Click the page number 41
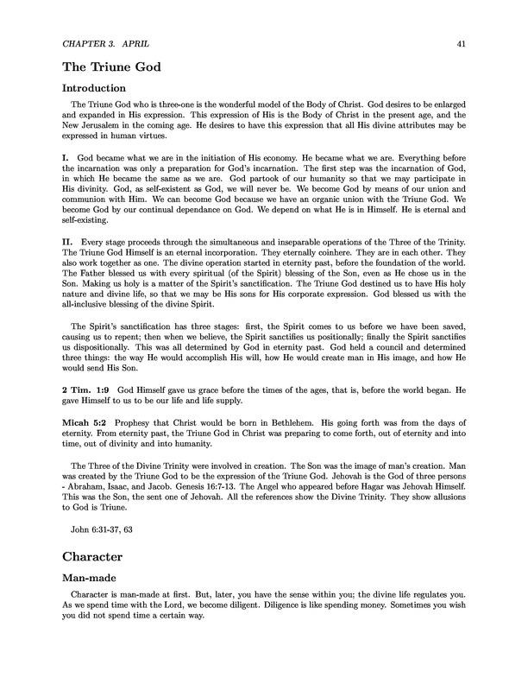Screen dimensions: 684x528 coord(462,42)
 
